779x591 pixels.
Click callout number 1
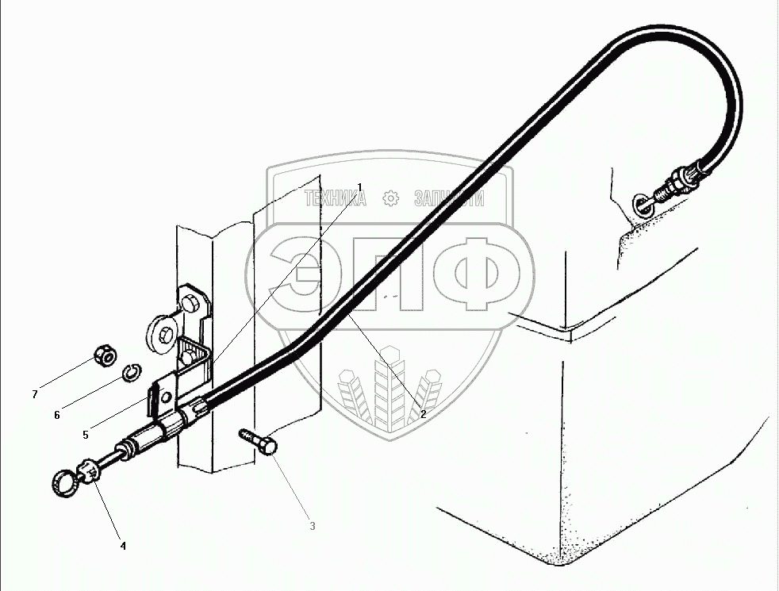359,187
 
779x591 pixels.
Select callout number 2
424,414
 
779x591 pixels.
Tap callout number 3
312,526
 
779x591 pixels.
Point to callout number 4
123,545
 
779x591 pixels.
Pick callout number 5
85,433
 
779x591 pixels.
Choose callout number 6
57,414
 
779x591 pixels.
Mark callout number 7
34,393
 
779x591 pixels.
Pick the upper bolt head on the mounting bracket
192,305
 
